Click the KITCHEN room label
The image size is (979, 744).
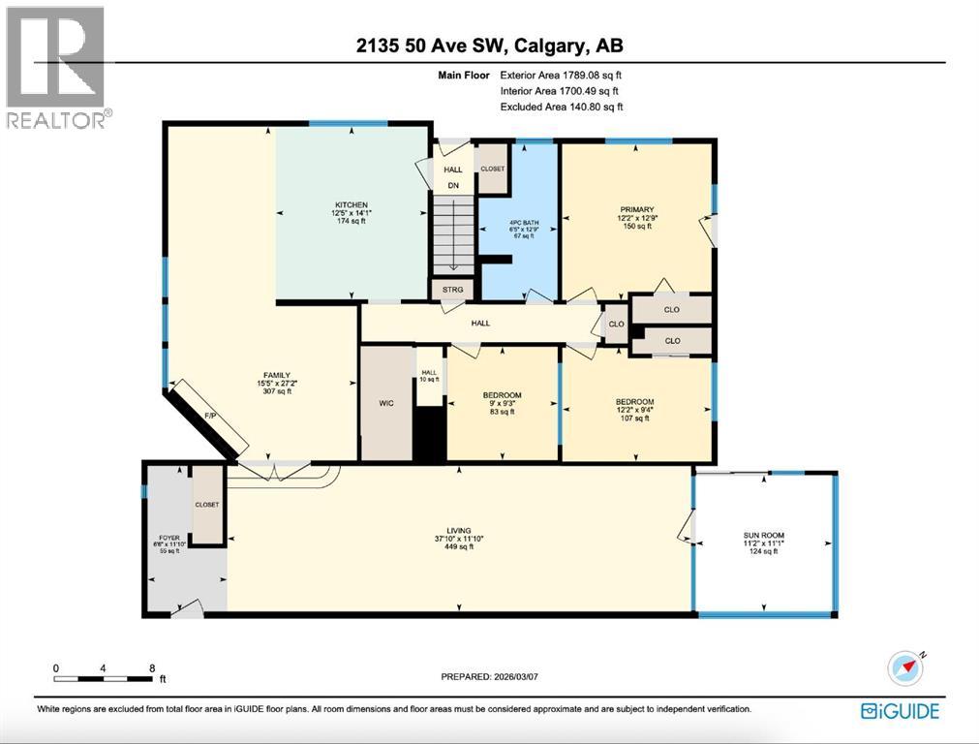click(x=351, y=205)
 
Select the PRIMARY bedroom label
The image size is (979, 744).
click(x=637, y=209)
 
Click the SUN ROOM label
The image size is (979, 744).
click(x=764, y=535)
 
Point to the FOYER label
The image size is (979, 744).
click(x=169, y=536)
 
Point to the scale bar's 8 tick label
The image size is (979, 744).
click(x=151, y=668)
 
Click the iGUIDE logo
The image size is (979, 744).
click(x=900, y=712)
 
